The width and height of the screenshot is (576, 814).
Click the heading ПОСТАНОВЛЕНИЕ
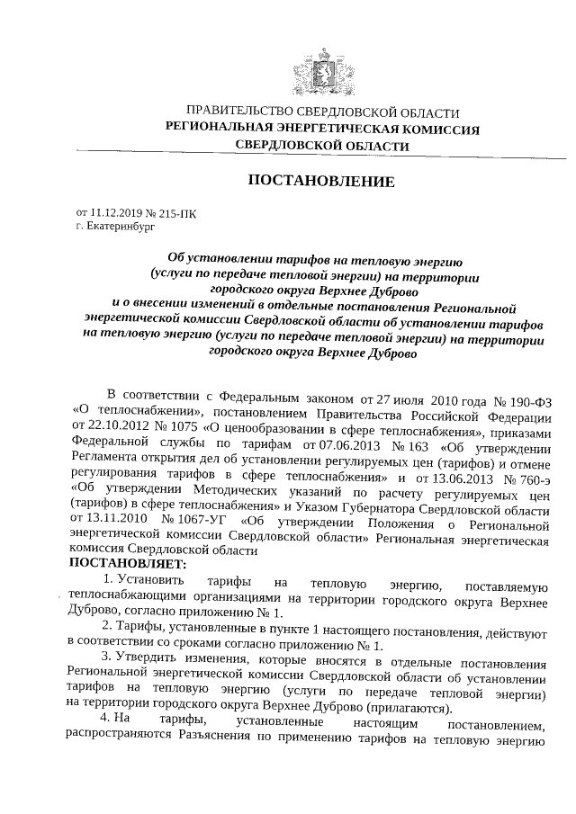[321, 182]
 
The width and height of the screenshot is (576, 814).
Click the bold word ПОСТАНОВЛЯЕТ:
[127, 565]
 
